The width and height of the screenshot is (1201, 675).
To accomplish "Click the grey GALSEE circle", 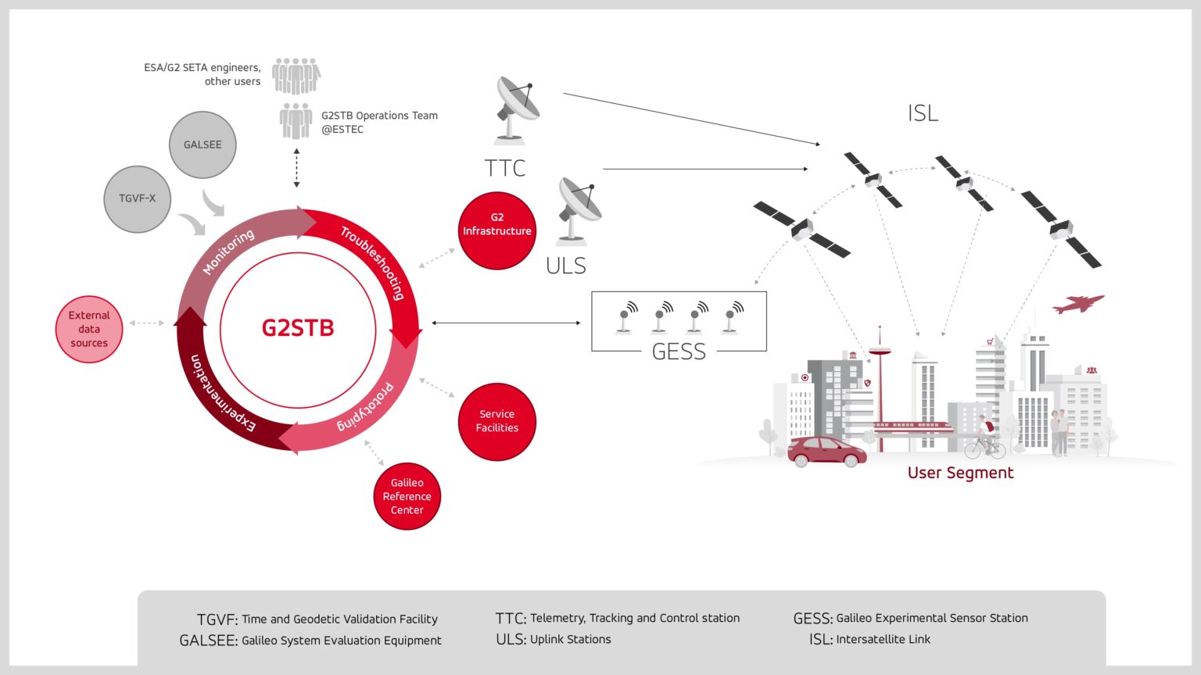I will point(203,145).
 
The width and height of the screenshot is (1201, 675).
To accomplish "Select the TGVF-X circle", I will point(138,198).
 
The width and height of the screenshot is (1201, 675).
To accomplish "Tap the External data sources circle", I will point(89,329).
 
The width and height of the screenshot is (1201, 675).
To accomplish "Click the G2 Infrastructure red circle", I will point(497,230).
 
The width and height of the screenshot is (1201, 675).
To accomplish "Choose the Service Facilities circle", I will point(497,421).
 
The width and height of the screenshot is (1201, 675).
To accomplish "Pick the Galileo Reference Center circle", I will point(407,496).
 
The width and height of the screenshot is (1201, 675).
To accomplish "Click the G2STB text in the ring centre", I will point(298,327).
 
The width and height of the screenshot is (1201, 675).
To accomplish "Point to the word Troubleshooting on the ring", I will point(373,262).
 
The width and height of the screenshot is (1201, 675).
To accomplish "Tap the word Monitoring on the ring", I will point(228,251).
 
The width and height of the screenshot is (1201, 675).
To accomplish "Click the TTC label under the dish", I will point(504,168).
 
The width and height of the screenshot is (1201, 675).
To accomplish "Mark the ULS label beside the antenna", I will point(565,266).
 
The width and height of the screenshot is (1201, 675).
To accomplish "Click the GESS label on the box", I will point(679,352).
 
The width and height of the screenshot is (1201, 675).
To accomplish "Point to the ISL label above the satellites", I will point(923,114).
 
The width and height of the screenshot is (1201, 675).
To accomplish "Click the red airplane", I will point(1078,303).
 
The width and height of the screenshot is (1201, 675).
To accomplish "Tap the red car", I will point(826,452).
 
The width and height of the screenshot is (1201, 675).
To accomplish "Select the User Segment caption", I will point(960,473).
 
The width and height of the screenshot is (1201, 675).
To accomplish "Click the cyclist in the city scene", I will point(985,440).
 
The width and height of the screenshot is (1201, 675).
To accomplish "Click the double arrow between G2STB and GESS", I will point(506,323).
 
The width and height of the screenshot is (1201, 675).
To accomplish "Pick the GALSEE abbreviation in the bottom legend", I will point(208,641).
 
